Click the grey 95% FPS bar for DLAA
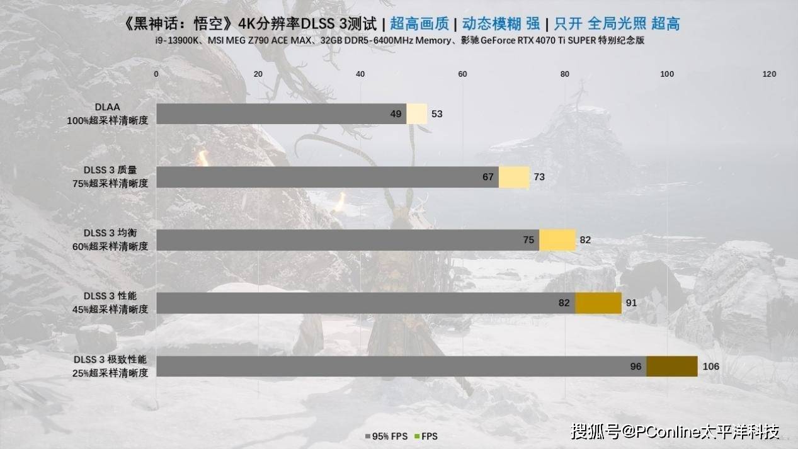(277, 114)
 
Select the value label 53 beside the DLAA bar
(437, 114)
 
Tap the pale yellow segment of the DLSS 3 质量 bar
(514, 177)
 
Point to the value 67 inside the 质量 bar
(488, 177)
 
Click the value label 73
(539, 177)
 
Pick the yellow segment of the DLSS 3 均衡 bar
(557, 240)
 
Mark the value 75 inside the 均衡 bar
(528, 240)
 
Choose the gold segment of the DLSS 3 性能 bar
(598, 303)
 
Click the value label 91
(631, 303)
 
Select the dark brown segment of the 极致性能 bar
(671, 367)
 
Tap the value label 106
(710, 367)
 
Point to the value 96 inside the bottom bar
(636, 367)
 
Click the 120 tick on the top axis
(769, 74)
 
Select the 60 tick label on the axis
(462, 74)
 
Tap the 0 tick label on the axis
(156, 74)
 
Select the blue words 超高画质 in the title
(419, 24)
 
